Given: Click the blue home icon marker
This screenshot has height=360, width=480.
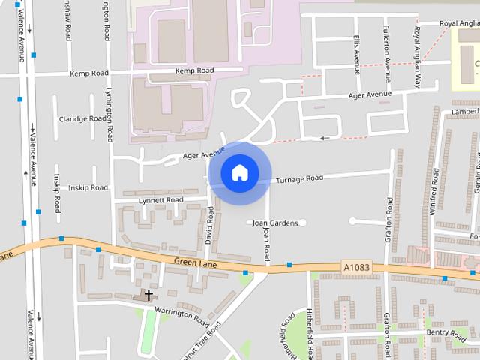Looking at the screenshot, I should point(239,173).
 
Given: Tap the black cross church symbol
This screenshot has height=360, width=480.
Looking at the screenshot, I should point(148,295).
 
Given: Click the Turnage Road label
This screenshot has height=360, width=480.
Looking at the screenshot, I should point(299,179).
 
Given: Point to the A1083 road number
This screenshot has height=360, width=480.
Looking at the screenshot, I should point(356,266).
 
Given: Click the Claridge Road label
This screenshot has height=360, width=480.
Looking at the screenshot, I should point(83,118).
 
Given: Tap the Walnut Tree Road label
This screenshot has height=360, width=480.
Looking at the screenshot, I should point(202,341).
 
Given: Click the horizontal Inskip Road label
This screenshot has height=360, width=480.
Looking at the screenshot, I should point(88,187).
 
